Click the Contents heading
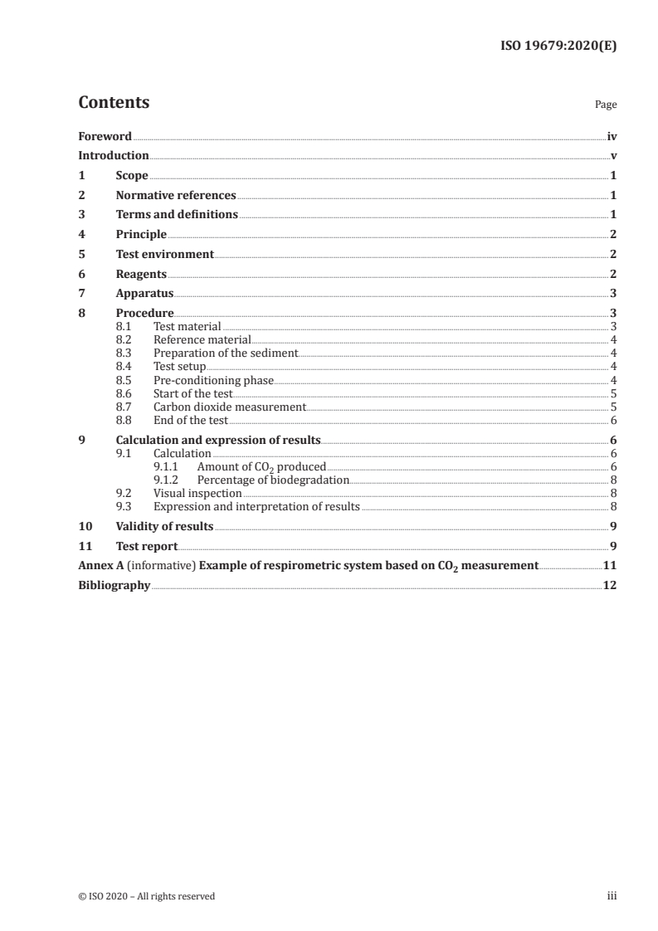114,103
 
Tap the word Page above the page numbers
606,105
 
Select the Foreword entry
105,136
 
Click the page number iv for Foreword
612,136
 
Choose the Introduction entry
114,156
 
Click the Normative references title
176,196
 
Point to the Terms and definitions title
177,215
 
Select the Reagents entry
141,274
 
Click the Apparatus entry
144,293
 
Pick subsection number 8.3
124,353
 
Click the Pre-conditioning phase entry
213,380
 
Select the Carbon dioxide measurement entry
230,407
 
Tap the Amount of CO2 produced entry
261,467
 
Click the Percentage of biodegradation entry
273,480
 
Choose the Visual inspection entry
197,494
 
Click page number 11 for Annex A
610,566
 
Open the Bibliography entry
114,585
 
